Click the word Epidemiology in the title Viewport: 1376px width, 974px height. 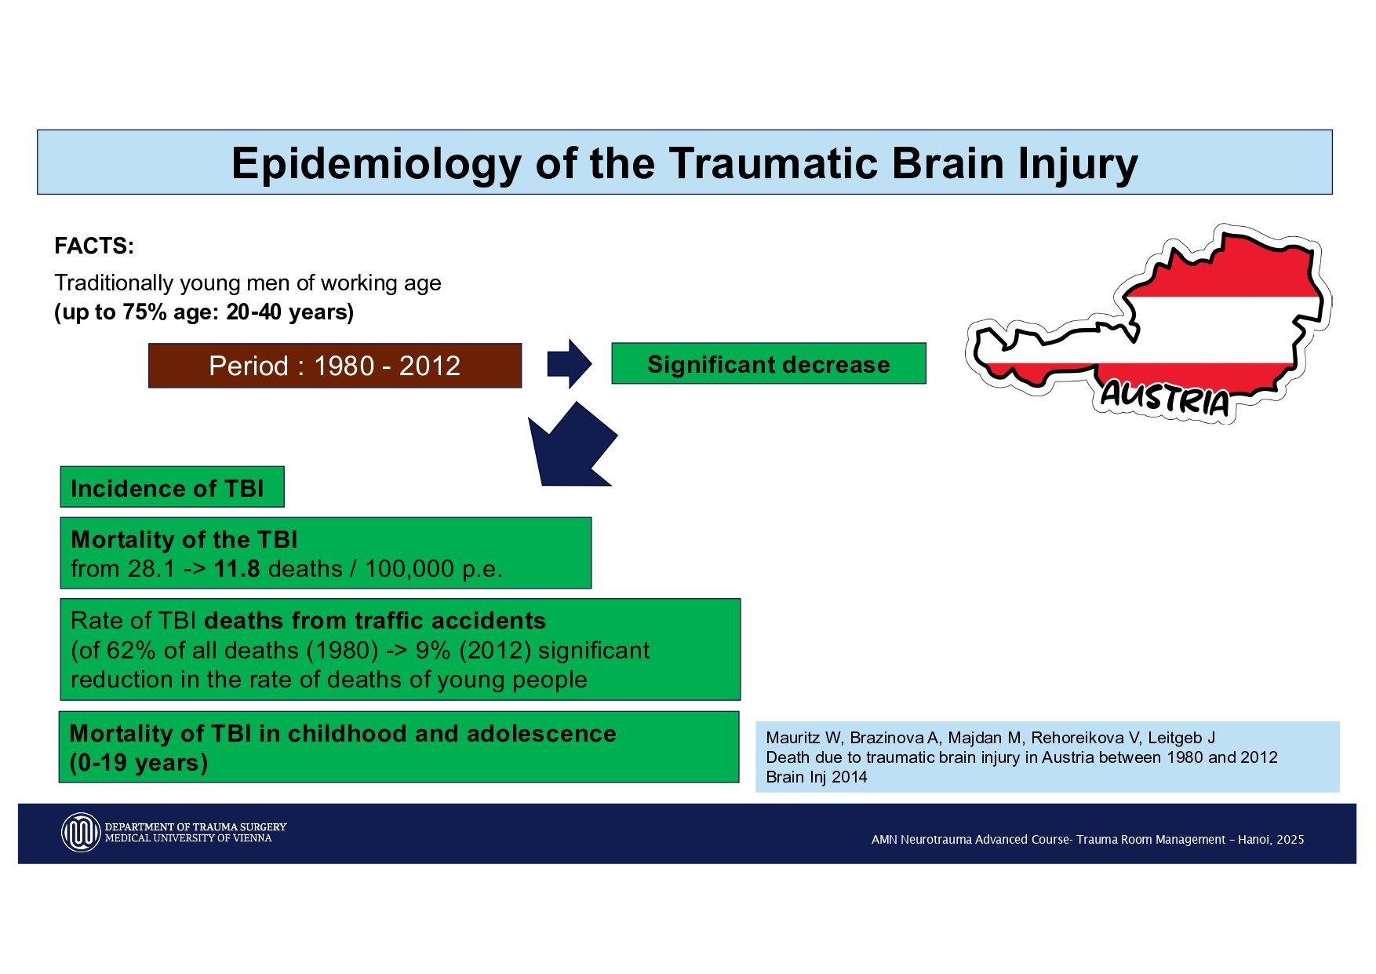pyautogui.click(x=377, y=165)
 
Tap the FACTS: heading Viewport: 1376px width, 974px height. pyautogui.click(x=94, y=246)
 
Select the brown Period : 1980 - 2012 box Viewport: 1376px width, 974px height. pyautogui.click(x=335, y=366)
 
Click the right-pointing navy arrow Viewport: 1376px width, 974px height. pyautogui.click(x=569, y=364)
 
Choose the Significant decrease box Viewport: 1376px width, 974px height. pyautogui.click(x=768, y=364)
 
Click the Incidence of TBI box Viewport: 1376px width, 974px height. pyautogui.click(x=172, y=488)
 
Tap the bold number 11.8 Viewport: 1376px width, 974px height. pyautogui.click(x=237, y=569)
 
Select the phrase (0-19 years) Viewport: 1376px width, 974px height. pyautogui.click(x=139, y=763)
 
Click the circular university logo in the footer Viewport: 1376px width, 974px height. pyautogui.click(x=81, y=833)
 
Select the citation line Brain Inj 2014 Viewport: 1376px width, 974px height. pyautogui.click(x=817, y=777)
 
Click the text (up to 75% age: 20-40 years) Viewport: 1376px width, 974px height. pyautogui.click(x=204, y=312)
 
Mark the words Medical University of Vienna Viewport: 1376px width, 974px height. pyautogui.click(x=188, y=838)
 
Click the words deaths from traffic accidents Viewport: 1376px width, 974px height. pyautogui.click(x=375, y=621)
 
